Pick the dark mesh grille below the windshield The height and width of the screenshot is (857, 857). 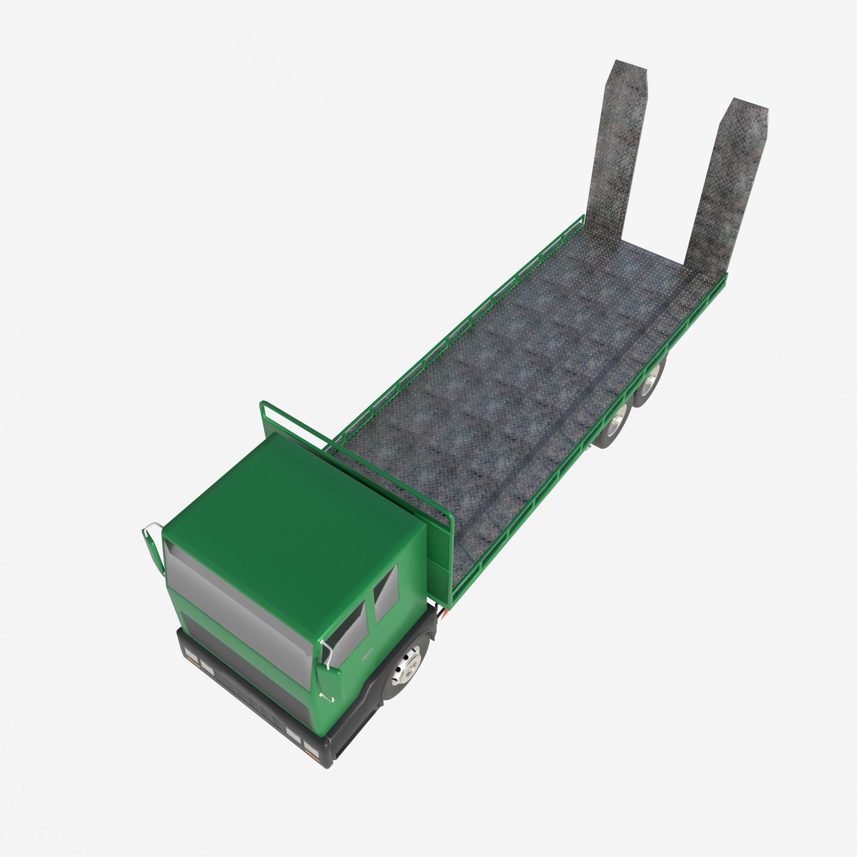(x=249, y=670)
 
